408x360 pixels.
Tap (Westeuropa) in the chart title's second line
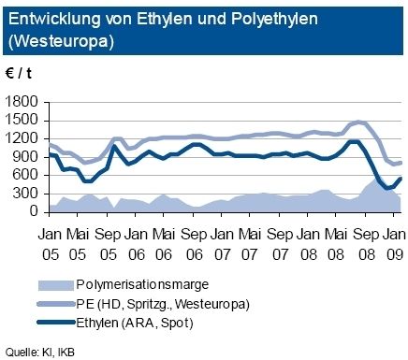(60, 37)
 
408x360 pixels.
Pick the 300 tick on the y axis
(29, 194)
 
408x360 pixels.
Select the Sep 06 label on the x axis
(195, 238)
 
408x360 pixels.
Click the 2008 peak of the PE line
(359, 122)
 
